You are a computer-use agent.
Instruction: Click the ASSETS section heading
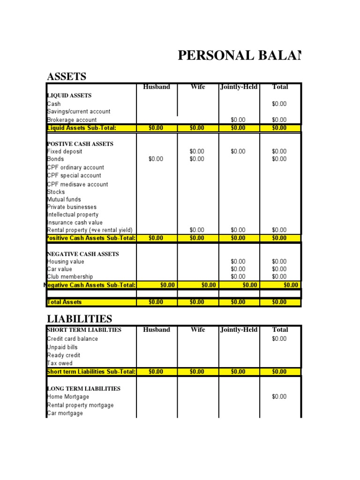(67, 76)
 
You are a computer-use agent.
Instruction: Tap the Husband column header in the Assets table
(157, 87)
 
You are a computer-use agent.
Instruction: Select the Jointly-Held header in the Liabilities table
(239, 330)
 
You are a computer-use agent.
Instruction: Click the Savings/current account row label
(79, 112)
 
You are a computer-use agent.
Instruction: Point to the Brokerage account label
(72, 120)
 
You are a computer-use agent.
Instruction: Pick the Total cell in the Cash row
(279, 104)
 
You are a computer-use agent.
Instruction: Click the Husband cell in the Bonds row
(156, 159)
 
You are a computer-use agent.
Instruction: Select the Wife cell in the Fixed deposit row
(197, 151)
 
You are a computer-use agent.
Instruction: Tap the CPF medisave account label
(77, 184)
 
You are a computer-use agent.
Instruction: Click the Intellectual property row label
(73, 215)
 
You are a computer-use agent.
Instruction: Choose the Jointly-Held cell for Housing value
(238, 262)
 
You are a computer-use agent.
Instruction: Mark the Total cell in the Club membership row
(279, 277)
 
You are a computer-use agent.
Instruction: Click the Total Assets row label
(64, 302)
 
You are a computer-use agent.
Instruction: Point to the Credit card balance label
(73, 339)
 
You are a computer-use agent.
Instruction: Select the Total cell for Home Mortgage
(279, 397)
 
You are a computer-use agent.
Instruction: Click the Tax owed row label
(60, 363)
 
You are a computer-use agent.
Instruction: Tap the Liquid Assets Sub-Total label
(81, 128)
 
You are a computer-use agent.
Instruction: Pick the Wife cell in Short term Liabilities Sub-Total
(197, 372)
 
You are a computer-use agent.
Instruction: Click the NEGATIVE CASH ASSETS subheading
(83, 254)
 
